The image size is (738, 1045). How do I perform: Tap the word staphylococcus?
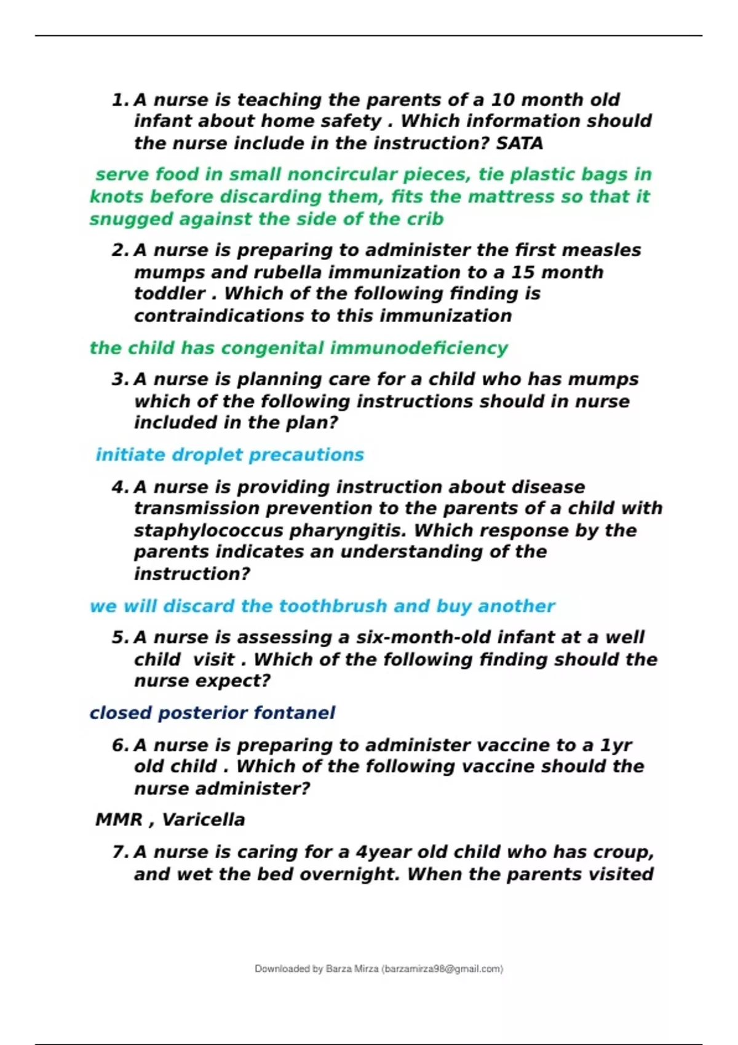pyautogui.click(x=208, y=530)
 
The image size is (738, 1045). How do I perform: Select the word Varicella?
pyautogui.click(x=203, y=820)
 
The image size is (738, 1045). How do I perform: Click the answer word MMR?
pyautogui.click(x=119, y=820)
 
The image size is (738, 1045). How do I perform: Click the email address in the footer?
pyautogui.click(x=442, y=969)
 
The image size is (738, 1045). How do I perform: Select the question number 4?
pyautogui.click(x=119, y=487)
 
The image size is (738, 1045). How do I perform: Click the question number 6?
pyautogui.click(x=119, y=746)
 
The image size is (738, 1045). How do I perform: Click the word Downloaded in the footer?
pyautogui.click(x=282, y=969)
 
